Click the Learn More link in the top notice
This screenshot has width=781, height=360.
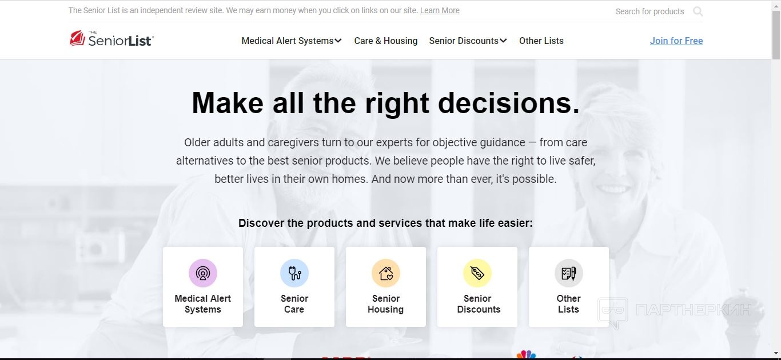440,10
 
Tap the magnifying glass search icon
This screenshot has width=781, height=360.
698,11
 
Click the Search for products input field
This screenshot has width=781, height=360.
649,11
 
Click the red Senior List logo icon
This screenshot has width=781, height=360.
77,38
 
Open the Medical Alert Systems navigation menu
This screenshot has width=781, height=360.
292,41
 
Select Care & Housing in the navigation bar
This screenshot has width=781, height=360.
385,41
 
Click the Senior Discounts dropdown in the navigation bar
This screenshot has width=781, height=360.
468,41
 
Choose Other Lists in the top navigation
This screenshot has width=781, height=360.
541,41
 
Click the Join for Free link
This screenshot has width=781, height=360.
676,41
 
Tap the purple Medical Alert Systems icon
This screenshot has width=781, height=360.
203,273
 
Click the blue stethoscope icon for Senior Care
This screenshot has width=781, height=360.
294,273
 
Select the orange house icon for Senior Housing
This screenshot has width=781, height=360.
385,273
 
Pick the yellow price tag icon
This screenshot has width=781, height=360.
477,273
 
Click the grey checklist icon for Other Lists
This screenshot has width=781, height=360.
569,273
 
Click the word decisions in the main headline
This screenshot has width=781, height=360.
509,103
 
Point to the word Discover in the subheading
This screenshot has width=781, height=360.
261,223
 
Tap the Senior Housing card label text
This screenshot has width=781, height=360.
385,304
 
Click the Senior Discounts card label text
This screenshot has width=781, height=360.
479,304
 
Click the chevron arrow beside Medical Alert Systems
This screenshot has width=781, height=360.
338,41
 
